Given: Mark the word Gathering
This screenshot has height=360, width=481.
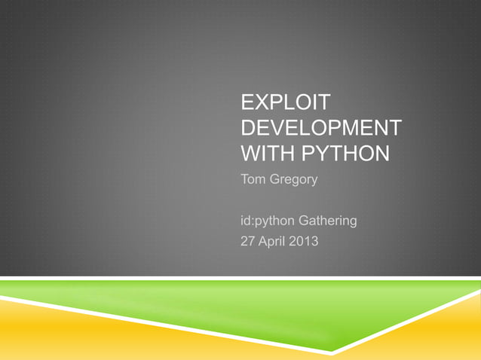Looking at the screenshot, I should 328,222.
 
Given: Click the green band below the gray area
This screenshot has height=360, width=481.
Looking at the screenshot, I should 249,305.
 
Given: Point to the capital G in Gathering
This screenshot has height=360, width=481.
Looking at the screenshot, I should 305,222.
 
